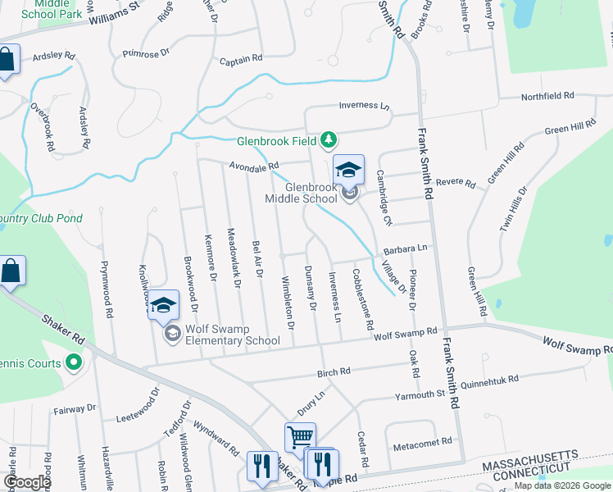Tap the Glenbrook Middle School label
302,193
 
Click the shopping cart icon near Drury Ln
300,436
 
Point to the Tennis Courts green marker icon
74,362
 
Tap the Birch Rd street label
334,371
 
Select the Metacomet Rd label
423,441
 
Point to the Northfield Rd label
548,97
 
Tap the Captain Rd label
241,59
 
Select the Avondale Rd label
254,166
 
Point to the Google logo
27,482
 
